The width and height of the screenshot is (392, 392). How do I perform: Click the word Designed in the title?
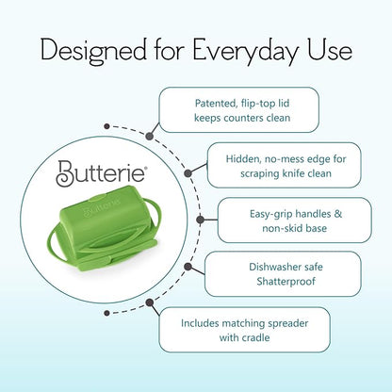(93, 51)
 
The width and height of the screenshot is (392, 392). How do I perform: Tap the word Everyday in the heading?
(245, 51)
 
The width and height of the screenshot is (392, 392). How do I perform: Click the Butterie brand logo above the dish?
(101, 172)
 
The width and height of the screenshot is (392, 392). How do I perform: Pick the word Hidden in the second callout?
(243, 159)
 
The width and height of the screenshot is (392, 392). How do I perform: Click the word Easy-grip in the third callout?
(270, 214)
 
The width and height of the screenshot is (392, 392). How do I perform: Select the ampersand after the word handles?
(337, 214)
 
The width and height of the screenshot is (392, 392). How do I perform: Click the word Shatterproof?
(286, 282)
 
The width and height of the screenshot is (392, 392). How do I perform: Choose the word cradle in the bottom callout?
(255, 338)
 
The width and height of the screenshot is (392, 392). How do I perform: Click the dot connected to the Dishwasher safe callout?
(188, 267)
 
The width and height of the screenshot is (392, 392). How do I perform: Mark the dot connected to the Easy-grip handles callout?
(201, 220)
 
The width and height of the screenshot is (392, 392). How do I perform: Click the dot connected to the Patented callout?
(150, 137)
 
